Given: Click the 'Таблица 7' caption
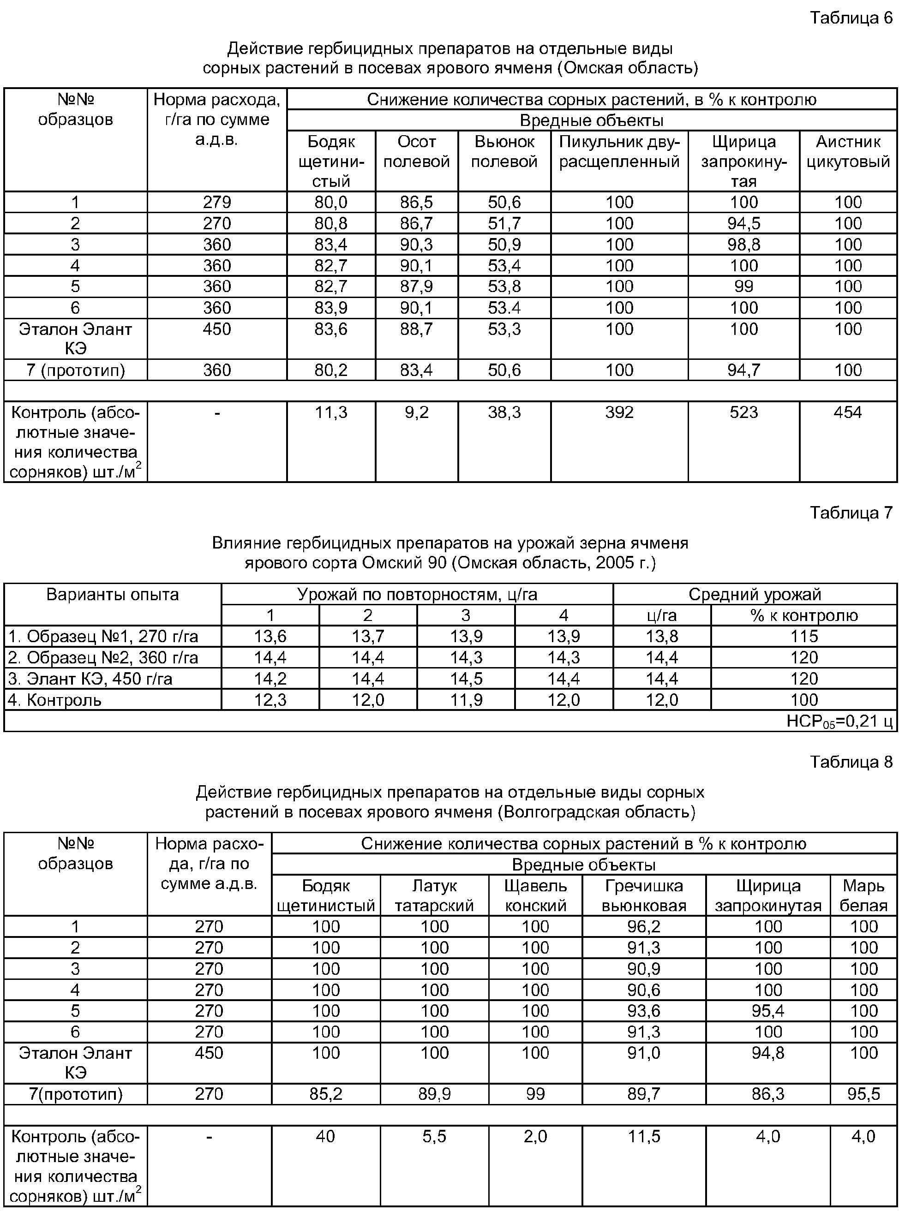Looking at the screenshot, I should (x=851, y=513).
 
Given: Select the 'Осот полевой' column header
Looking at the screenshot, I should (x=416, y=152).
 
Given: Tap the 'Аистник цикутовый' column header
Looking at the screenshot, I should (x=848, y=152).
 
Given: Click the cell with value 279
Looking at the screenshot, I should (x=216, y=203).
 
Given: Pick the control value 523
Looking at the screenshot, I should (x=743, y=412).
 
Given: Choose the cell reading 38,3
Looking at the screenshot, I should (x=504, y=412).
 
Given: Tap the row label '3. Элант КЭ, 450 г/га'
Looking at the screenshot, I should (x=90, y=679).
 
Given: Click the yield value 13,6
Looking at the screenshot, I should (x=270, y=637).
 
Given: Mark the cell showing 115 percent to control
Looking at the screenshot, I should (x=804, y=637).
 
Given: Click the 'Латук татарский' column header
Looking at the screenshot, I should (x=434, y=895).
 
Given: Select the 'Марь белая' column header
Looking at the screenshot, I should (x=863, y=895).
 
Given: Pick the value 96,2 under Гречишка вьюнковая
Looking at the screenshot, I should (x=644, y=926).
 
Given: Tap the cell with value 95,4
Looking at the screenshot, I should (x=768, y=1011).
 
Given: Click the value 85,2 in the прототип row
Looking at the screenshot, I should (x=325, y=1094).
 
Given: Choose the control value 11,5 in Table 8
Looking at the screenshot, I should (x=644, y=1136).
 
